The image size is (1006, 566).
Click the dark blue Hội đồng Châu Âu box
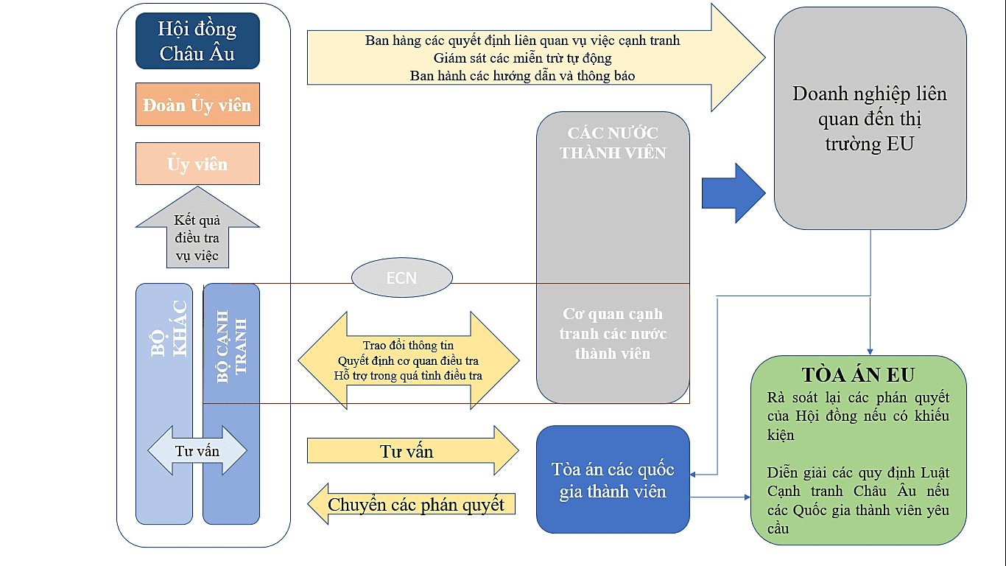click(197, 41)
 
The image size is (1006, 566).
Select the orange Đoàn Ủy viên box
click(197, 105)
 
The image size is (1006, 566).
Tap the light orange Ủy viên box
click(197, 164)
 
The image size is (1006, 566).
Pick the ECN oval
click(401, 278)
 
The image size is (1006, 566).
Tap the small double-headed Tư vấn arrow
click(197, 451)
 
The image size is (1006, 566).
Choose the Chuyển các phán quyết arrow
click(412, 505)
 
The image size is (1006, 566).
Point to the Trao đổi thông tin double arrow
click(409, 360)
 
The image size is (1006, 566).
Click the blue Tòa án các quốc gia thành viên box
click(613, 480)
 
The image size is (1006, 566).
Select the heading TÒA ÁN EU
click(858, 375)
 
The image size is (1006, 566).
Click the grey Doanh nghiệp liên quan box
click(870, 118)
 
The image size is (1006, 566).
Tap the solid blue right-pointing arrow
click(733, 193)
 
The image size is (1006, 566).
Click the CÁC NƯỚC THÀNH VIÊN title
click(613, 143)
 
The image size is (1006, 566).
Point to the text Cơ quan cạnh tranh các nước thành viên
click(613, 334)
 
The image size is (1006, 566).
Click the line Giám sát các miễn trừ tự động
click(522, 57)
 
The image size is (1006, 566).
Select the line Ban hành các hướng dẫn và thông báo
click(522, 75)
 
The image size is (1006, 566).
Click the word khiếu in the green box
click(930, 416)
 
